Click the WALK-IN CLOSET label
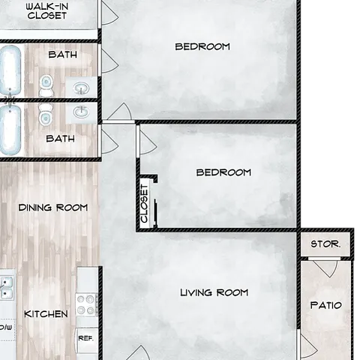(x=47, y=11)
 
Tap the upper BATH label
(x=63, y=55)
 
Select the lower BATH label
(x=61, y=139)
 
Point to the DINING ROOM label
(x=53, y=208)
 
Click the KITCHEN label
(x=46, y=314)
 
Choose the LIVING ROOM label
(x=214, y=292)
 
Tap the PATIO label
(x=326, y=305)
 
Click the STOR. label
(x=325, y=244)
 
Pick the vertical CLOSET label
(x=145, y=203)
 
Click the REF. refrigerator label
(x=85, y=338)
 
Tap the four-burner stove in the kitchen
(x=87, y=305)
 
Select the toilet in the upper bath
(x=46, y=86)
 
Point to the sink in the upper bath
(x=81, y=88)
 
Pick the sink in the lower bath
(x=81, y=112)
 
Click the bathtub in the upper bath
(x=10, y=70)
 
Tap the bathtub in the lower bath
(x=10, y=130)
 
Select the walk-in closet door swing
(x=109, y=14)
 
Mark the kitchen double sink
(x=6, y=288)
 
